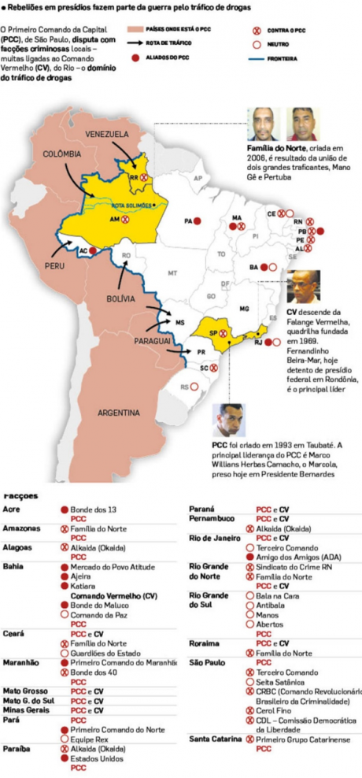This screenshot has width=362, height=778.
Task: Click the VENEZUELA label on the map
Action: [x=108, y=134]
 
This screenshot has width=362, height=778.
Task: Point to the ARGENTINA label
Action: [x=119, y=412]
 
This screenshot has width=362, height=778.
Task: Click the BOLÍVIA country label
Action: [x=124, y=299]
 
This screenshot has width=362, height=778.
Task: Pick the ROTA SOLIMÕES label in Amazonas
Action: [x=131, y=204]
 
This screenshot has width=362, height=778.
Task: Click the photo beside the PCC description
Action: [x=227, y=420]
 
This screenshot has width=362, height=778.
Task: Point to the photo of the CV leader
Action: [x=303, y=287]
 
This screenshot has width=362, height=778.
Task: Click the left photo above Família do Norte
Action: [x=264, y=124]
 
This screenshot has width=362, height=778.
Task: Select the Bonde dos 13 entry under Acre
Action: [x=94, y=510]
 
